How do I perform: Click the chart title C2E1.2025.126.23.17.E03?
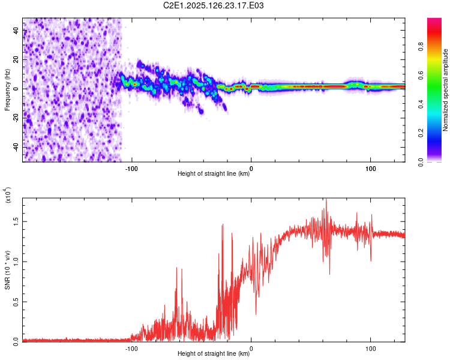213,5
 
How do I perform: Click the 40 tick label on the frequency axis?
16,30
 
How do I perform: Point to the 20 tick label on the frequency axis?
16,59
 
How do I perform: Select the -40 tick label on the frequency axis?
16,146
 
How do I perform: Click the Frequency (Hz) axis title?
7,90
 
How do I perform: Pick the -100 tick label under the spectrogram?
131,169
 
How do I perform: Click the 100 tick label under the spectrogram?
371,169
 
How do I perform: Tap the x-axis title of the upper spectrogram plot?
214,173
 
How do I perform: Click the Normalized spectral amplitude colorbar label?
445,90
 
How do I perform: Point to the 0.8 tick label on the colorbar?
421,47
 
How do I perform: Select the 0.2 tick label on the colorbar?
421,133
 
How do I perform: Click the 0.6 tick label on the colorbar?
421,76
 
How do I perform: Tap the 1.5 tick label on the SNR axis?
16,221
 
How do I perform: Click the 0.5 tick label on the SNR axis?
16,302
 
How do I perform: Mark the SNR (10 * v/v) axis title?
7,270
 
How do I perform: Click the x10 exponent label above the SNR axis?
8,195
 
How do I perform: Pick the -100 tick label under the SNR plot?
131,349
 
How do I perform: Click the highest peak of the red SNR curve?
326,199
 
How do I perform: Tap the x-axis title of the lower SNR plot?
214,353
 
